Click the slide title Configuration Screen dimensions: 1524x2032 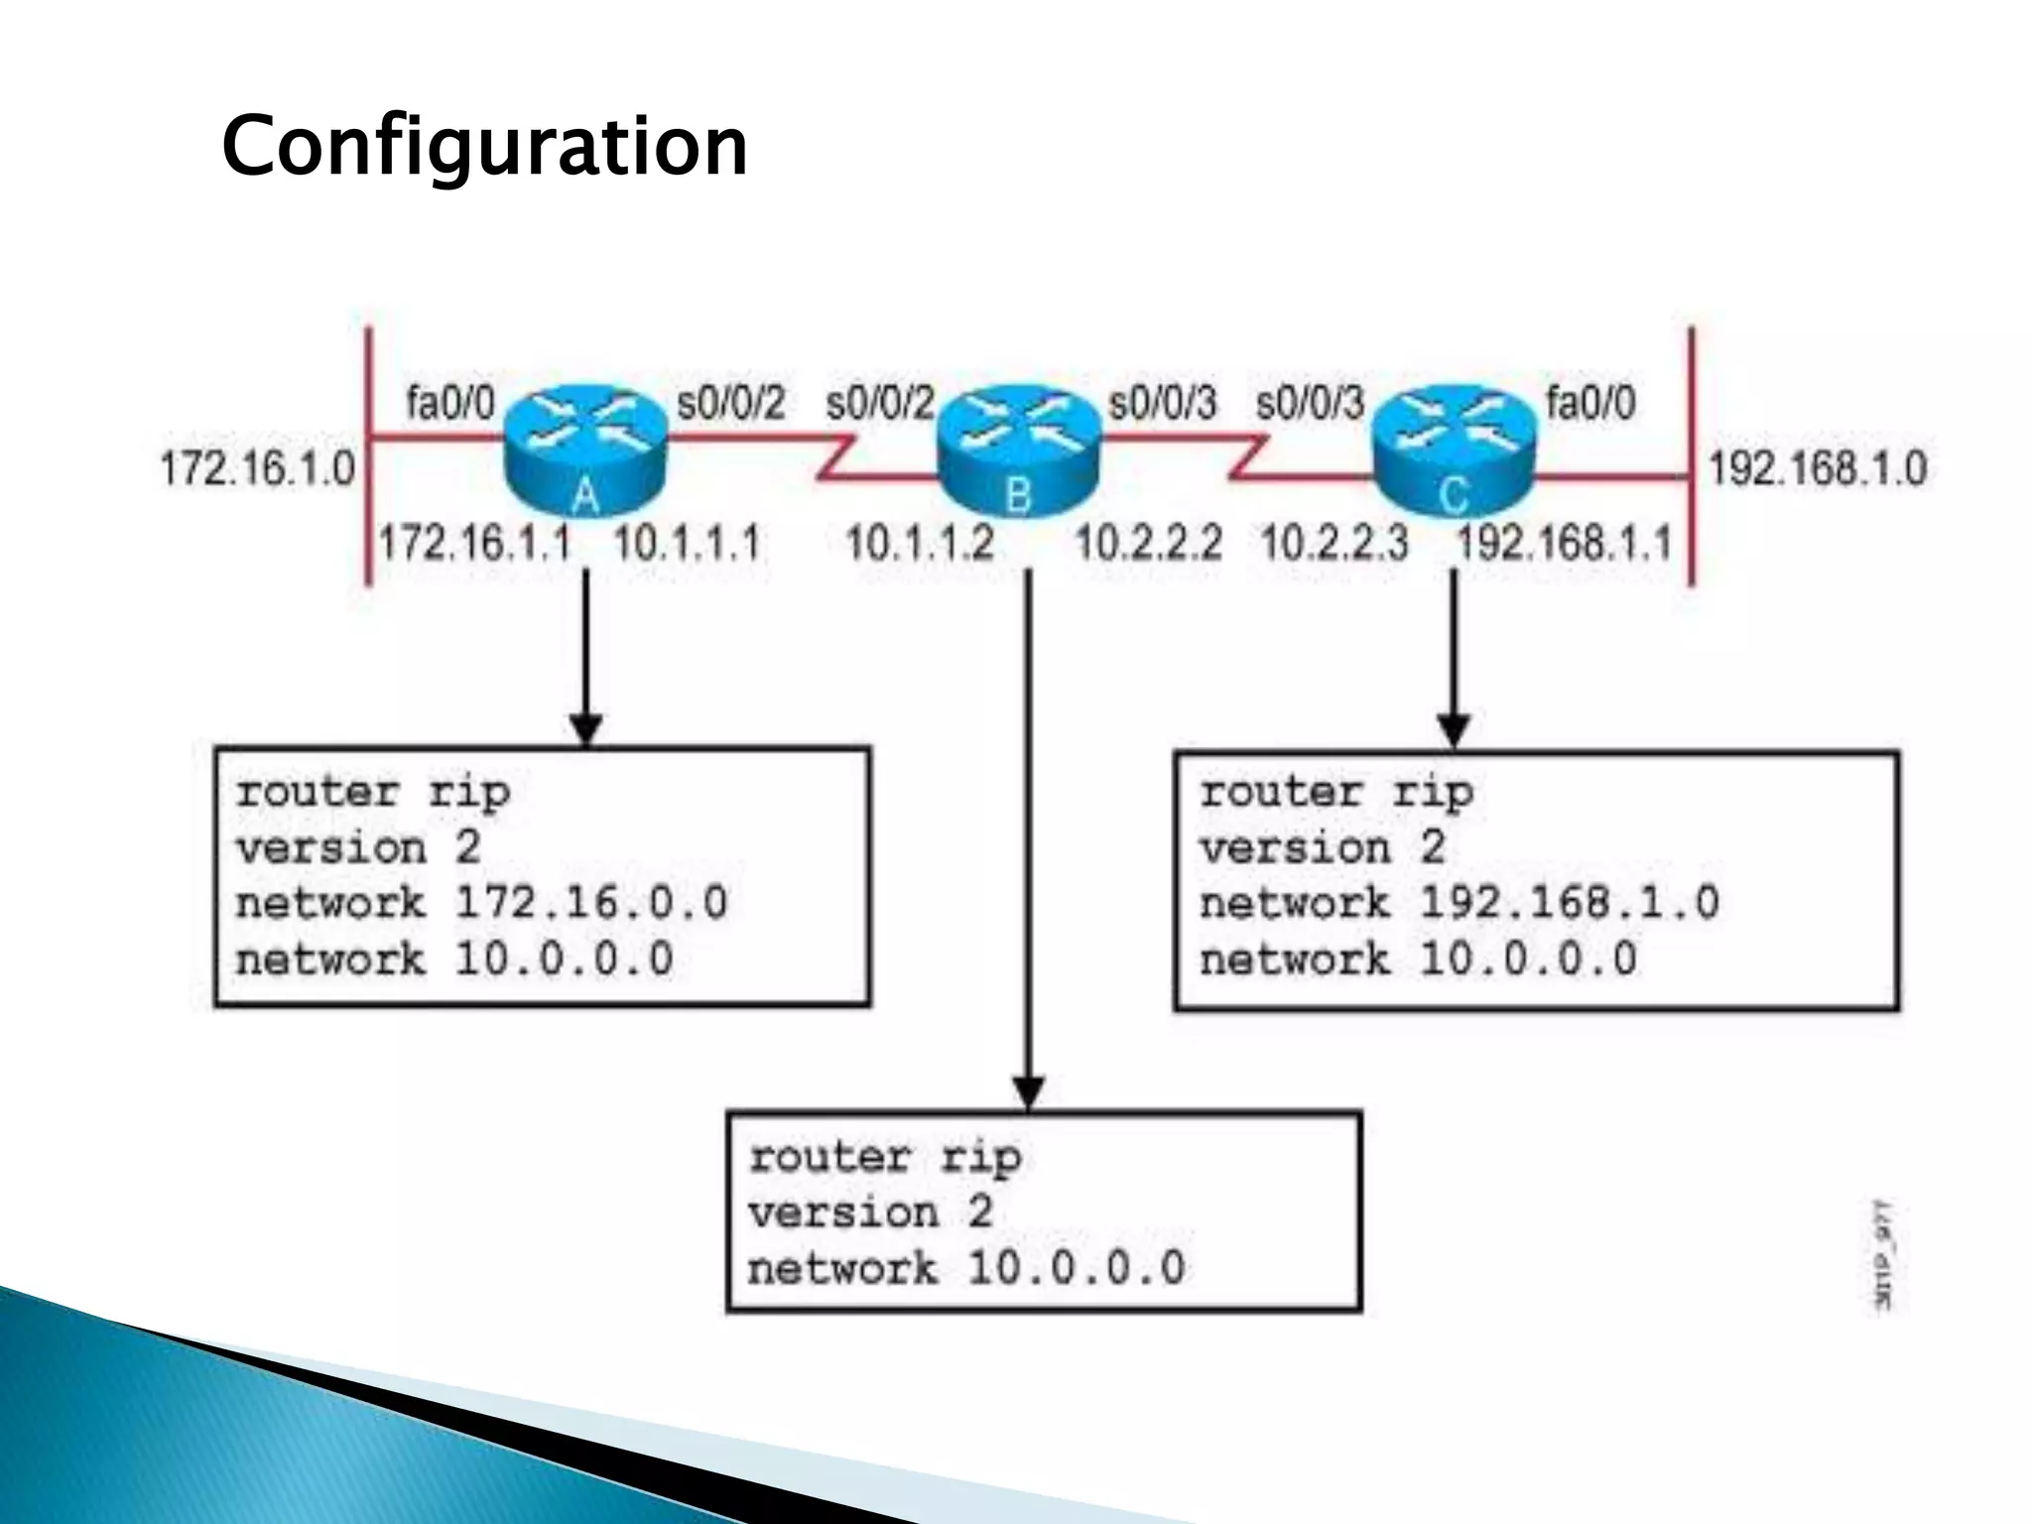pyautogui.click(x=484, y=147)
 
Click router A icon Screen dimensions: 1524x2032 pyautogui.click(x=585, y=451)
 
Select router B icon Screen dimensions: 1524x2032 pyautogui.click(x=1019, y=451)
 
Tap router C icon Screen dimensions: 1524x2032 pyautogui.click(x=1454, y=451)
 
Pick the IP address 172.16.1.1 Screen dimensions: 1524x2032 pyautogui.click(x=475, y=544)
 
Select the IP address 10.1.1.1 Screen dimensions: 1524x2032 pyautogui.click(x=687, y=544)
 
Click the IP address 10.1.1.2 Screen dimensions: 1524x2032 pyautogui.click(x=919, y=544)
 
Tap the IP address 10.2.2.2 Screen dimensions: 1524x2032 pyautogui.click(x=1148, y=544)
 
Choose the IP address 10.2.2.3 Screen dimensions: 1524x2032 pyautogui.click(x=1333, y=544)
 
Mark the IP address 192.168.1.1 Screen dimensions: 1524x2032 pyautogui.click(x=1564, y=544)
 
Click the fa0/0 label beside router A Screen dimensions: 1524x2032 pyautogui.click(x=449, y=404)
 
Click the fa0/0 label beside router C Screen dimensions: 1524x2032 pyautogui.click(x=1590, y=404)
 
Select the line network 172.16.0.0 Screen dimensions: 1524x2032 pyautogui.click(x=481, y=903)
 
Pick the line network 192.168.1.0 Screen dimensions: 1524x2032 pyautogui.click(x=1459, y=903)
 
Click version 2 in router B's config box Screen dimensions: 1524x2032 pyautogui.click(x=869, y=1212)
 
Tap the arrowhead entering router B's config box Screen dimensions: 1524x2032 pyautogui.click(x=1028, y=1093)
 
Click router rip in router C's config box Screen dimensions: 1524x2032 pyautogui.click(x=1335, y=792)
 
